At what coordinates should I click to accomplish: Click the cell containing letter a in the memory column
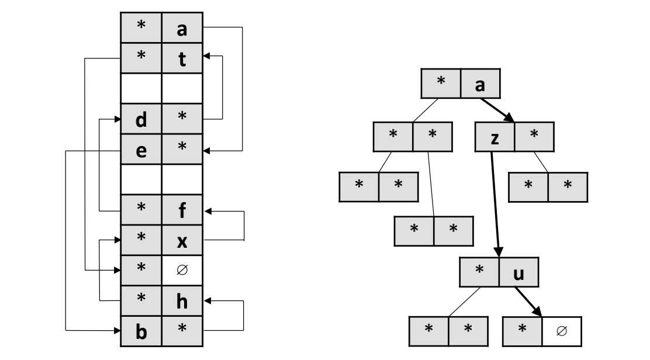click(x=181, y=27)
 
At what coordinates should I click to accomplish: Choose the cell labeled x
click(x=181, y=240)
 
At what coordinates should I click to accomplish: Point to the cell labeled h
click(x=181, y=301)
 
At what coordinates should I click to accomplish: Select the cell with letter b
click(x=141, y=331)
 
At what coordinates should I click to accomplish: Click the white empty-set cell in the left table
click(x=181, y=271)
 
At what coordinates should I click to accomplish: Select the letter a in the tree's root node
click(x=481, y=84)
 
